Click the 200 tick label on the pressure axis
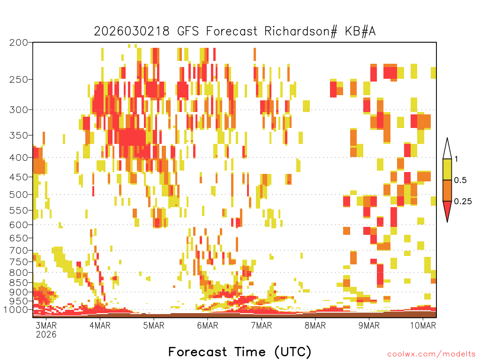click(x=18, y=43)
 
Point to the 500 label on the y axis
click(x=18, y=195)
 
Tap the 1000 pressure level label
click(x=15, y=310)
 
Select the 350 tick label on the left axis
click(x=18, y=135)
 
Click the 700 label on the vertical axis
click(x=18, y=251)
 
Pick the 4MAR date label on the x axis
click(x=100, y=325)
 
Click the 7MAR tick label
click(x=262, y=325)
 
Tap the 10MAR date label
click(x=423, y=325)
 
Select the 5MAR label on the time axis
click(x=154, y=325)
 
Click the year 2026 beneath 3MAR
click(x=46, y=334)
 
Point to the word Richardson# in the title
click(x=300, y=31)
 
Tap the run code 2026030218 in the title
click(x=132, y=31)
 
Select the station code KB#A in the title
click(x=360, y=31)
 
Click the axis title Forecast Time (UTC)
click(x=240, y=352)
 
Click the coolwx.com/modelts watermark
click(x=431, y=354)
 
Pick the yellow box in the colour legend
click(x=447, y=170)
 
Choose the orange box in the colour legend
click(x=447, y=191)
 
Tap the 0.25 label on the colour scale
click(x=463, y=202)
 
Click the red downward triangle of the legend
click(x=447, y=210)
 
